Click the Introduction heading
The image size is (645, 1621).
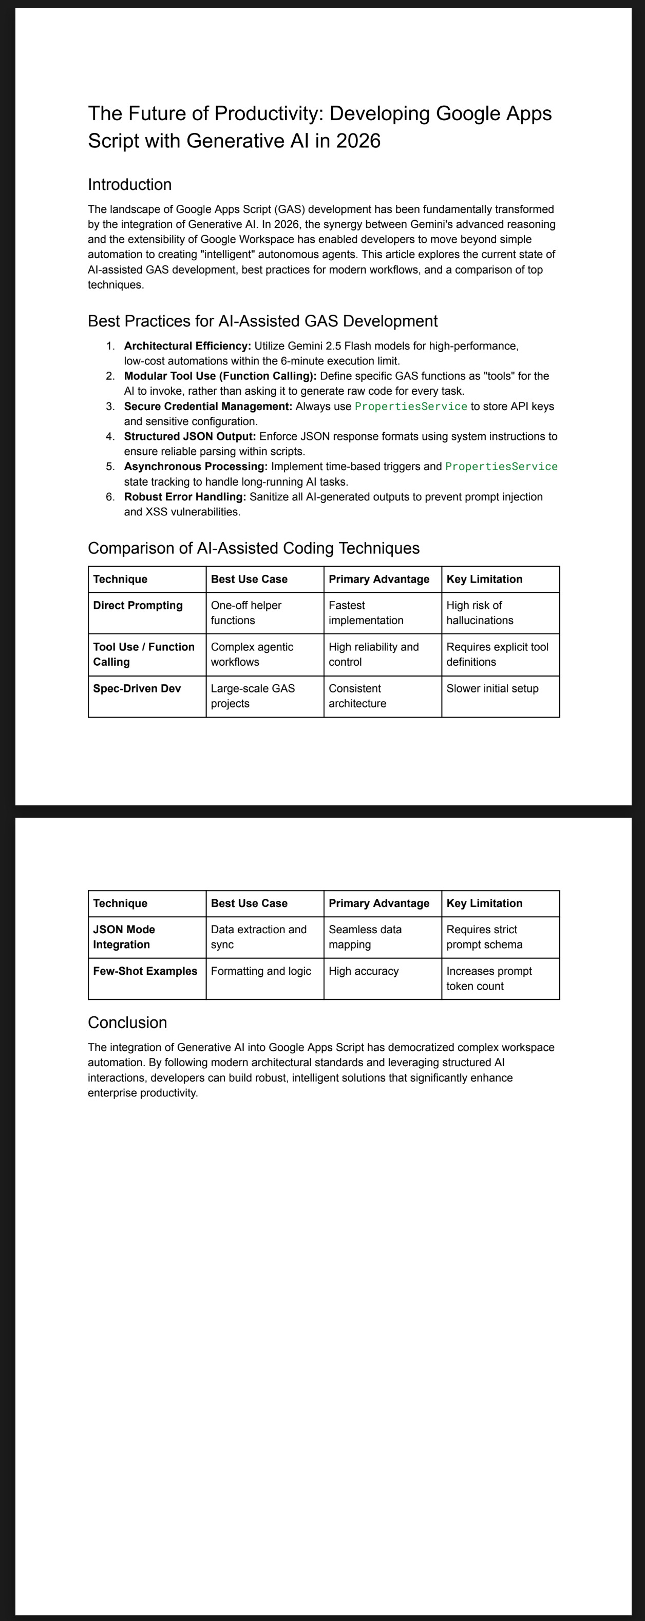(x=129, y=184)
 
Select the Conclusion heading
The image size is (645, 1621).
(x=127, y=1022)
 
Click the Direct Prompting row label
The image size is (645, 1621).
(x=138, y=605)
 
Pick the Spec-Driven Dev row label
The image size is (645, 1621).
(x=137, y=688)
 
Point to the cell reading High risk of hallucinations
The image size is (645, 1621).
(x=480, y=613)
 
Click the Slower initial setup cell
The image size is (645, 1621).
(x=492, y=688)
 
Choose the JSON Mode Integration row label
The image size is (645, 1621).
(x=124, y=937)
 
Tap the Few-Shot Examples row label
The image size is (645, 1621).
(x=145, y=971)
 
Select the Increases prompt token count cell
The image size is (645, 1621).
(x=489, y=978)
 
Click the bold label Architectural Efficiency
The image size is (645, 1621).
(x=187, y=346)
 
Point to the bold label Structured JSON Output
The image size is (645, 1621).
(x=189, y=436)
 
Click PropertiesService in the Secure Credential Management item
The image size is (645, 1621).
(x=411, y=407)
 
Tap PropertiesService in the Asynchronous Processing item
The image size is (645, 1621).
(x=501, y=466)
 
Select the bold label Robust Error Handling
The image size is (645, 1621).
(x=185, y=496)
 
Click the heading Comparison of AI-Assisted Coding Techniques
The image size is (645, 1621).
(x=254, y=548)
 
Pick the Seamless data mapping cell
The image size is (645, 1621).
(x=365, y=937)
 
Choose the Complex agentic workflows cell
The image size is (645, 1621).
(x=252, y=654)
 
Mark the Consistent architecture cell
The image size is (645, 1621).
(x=357, y=696)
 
